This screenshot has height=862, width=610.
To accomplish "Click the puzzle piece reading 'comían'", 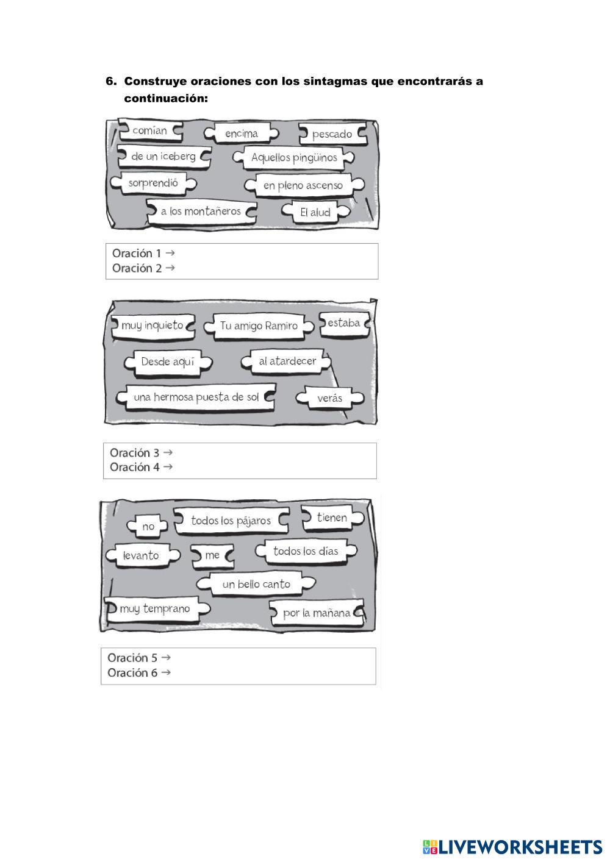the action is coord(150,130).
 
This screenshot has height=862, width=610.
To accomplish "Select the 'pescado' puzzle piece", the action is coord(332,134).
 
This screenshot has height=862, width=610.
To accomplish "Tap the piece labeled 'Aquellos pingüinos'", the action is coord(294,158).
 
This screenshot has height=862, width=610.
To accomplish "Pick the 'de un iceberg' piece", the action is coord(163,157).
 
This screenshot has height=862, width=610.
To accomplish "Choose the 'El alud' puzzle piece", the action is coord(315,212).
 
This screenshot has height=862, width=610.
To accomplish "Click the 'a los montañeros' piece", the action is coord(201,212).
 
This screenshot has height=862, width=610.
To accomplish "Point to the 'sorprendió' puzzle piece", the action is coord(153,183).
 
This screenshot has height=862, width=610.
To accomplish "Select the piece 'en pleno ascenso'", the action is coord(303,185).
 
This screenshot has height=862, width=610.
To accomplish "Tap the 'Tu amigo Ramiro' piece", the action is coord(259,326).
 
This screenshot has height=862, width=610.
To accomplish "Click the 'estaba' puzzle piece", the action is coord(344,323).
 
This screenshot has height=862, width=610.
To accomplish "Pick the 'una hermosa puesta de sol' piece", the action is coord(196,397).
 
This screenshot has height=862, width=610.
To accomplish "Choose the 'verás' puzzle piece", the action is coord(330,399).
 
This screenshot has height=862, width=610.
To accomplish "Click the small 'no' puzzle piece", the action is coord(148,526).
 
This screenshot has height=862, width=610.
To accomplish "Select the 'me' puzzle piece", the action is coord(212,555).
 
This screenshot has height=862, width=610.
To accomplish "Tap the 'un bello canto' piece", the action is coord(256,584).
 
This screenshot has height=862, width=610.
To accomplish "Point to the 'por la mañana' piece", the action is coord(317,613).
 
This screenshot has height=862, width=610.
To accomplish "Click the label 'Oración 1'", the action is coord(137,253).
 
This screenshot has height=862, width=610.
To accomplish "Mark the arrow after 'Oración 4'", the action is coord(168,467).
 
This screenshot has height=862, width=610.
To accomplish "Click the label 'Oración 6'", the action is coord(132,673).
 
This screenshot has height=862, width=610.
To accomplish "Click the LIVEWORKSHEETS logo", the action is coord(512,847).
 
